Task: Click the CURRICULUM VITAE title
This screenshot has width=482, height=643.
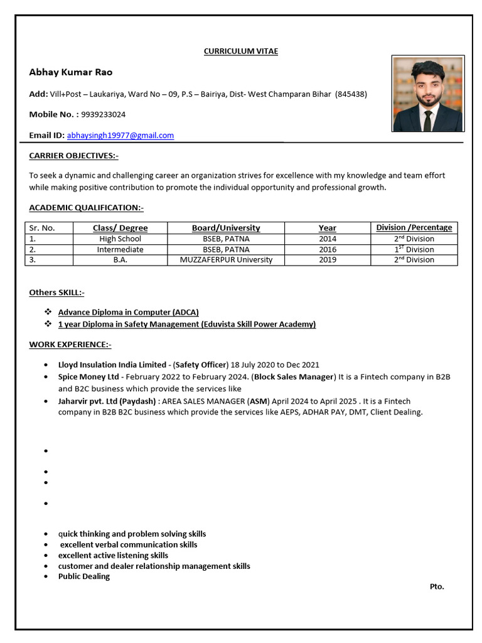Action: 240,51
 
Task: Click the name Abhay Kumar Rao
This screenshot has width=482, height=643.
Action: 70,72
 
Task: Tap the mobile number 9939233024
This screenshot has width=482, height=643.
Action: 103,114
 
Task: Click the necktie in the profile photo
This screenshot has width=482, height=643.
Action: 427,120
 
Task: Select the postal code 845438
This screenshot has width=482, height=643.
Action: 351,94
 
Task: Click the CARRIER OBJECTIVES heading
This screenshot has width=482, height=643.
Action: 73,155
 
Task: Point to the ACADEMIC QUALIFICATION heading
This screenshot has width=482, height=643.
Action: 86,207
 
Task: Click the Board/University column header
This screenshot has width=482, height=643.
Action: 226,228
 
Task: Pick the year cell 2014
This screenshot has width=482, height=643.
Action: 327,239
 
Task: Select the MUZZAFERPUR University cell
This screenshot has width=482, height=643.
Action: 226,259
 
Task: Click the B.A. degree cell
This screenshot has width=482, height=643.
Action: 120,259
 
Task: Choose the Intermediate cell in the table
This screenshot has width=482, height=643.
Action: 120,249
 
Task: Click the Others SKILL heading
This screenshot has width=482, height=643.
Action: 56,292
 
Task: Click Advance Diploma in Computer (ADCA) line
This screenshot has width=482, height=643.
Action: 129,312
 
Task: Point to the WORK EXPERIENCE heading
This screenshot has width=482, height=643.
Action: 70,344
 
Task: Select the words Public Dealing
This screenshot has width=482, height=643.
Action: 84,576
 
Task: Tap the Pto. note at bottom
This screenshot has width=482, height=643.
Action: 437,586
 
